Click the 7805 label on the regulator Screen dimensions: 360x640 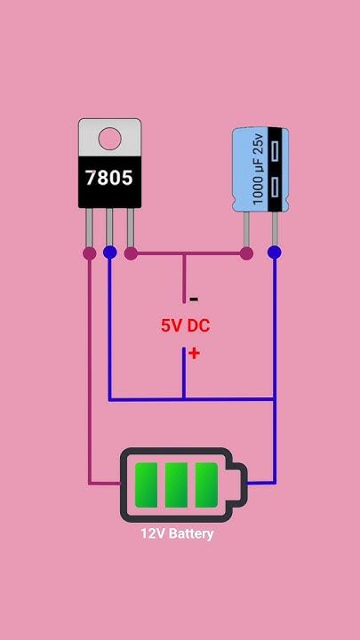(x=109, y=178)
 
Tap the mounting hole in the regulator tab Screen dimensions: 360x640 (x=110, y=139)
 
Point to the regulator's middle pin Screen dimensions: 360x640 (x=109, y=228)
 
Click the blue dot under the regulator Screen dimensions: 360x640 (x=110, y=252)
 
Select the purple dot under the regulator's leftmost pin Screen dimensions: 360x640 (x=90, y=253)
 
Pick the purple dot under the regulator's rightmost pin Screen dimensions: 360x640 (x=131, y=253)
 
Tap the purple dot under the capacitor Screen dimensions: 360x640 (x=246, y=253)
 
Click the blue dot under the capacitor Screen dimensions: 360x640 (x=275, y=252)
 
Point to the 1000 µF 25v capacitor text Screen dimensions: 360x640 (x=259, y=170)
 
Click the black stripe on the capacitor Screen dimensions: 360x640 (x=275, y=170)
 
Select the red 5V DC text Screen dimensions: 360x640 (x=185, y=325)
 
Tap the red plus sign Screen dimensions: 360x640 (x=194, y=354)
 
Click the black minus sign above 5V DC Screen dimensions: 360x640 (x=195, y=300)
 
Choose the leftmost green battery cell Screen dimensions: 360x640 (x=146, y=485)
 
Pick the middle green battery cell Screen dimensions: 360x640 (x=176, y=485)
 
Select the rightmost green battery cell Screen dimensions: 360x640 (x=206, y=485)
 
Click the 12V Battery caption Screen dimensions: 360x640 (x=177, y=533)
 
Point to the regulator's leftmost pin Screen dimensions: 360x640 (x=89, y=228)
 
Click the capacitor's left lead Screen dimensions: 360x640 (x=246, y=229)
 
